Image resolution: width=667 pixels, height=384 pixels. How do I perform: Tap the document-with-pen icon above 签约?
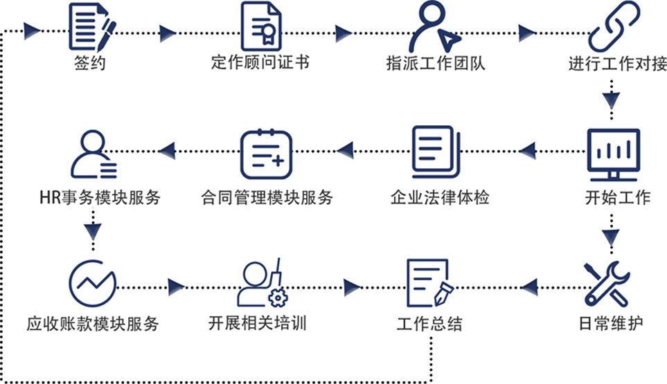tap(92, 26)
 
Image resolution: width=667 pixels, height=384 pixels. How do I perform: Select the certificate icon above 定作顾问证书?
tap(260, 26)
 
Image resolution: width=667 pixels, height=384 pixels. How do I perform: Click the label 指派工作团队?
tap(436, 64)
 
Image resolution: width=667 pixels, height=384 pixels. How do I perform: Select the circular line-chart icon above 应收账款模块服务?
tap(93, 284)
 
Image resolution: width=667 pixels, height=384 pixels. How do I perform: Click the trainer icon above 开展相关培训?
tap(261, 284)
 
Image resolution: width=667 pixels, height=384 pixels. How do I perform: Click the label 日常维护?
tap(612, 324)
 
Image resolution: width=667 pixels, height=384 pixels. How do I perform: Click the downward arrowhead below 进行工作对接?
tap(610, 99)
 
